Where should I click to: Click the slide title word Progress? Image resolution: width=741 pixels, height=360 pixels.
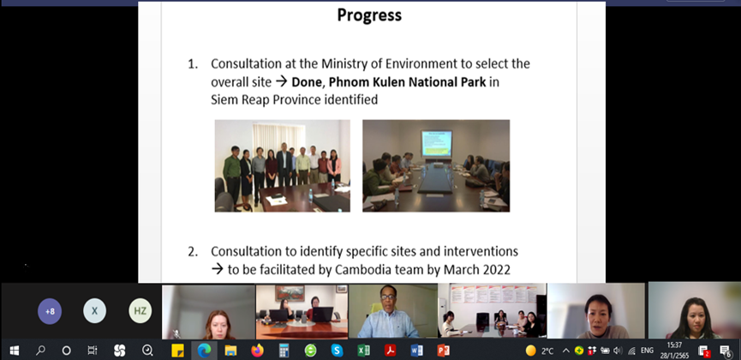[x=369, y=15]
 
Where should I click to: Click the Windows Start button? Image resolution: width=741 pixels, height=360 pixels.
[x=15, y=351]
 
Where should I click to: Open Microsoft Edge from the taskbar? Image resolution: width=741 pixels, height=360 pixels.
[x=204, y=351]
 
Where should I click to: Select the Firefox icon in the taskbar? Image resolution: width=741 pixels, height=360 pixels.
[x=257, y=351]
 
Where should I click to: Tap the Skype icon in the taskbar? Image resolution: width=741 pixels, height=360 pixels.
[x=337, y=351]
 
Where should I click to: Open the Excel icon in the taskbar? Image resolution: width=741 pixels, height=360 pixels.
[x=363, y=351]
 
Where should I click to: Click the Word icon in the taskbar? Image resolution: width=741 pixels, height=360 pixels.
[x=416, y=351]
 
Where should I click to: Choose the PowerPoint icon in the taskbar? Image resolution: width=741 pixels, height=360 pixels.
[x=443, y=351]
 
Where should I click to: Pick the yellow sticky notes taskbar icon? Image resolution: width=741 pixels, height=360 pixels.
[x=177, y=351]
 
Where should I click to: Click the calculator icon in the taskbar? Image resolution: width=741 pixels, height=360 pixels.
[x=284, y=351]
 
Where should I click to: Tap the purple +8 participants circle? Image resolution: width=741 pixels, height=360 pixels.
[x=50, y=312]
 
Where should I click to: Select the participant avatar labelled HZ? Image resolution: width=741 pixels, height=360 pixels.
[x=140, y=311]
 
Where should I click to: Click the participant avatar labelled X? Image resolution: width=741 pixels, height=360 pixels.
[x=94, y=311]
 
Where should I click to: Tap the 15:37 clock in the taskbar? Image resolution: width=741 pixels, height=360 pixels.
[x=674, y=345]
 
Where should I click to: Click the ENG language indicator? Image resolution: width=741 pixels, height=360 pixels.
[x=647, y=351]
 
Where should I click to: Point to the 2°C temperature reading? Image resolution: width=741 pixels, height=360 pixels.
[x=547, y=351]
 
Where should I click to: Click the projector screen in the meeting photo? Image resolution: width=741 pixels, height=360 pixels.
[x=437, y=144]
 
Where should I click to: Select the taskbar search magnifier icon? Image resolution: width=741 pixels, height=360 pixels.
[x=40, y=351]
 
